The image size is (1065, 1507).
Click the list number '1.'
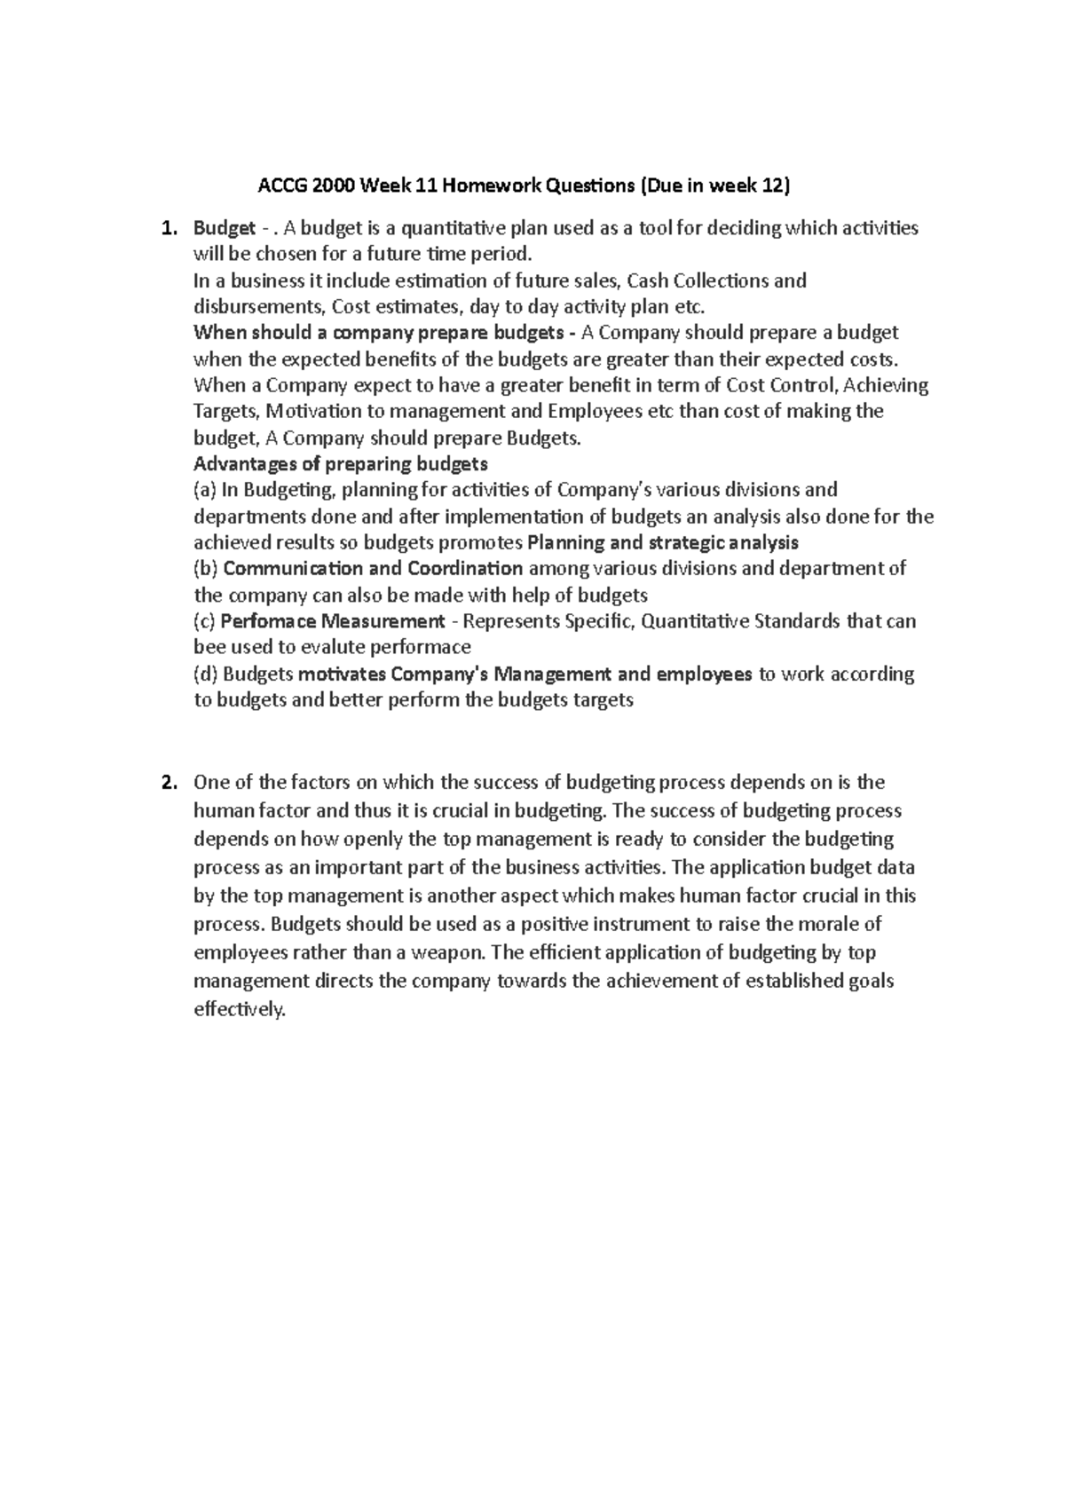coord(167,229)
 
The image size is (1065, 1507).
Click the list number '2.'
coord(167,783)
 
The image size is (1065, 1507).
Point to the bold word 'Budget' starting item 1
coord(224,229)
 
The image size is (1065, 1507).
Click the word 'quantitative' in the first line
coord(453,229)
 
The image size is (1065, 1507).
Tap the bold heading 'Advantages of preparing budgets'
coord(340,464)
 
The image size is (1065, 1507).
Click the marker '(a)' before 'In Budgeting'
coord(205,490)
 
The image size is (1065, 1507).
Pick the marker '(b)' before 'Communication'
coord(205,569)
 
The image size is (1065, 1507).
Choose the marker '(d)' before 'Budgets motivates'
coord(205,675)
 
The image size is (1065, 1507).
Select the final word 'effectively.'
coord(240,1010)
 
